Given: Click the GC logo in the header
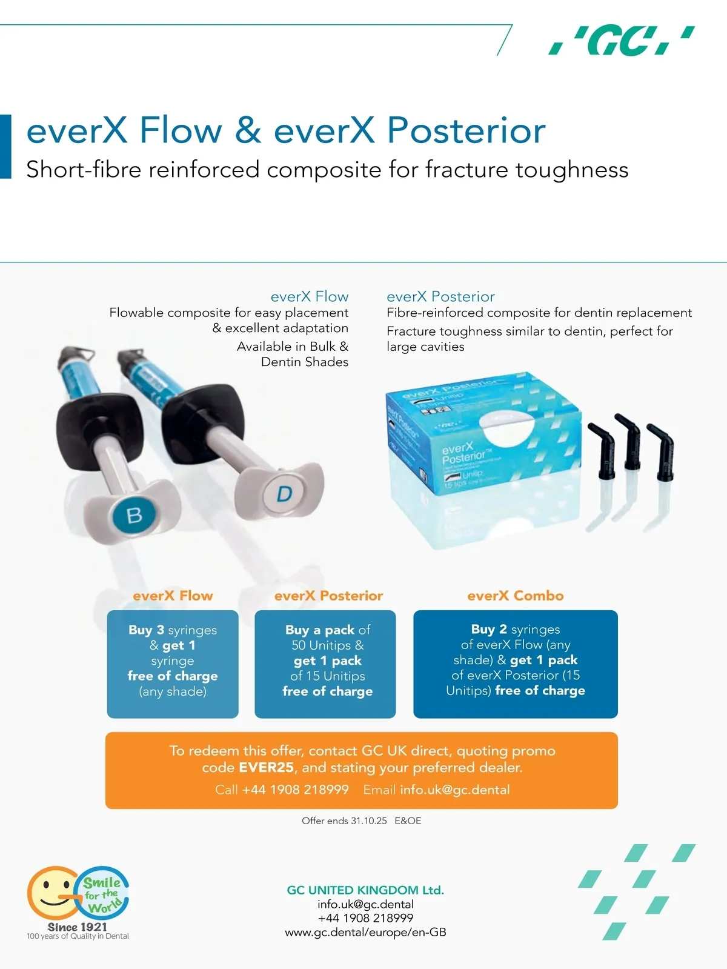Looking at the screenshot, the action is click(x=621, y=41).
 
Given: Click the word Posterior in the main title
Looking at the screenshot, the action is click(x=466, y=131).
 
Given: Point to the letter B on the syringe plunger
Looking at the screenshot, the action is click(x=134, y=514).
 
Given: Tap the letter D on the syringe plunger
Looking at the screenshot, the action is click(x=285, y=493).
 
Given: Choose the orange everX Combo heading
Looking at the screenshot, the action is click(x=515, y=596).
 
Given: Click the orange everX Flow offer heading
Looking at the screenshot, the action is click(x=173, y=596).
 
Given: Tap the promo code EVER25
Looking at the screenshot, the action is click(x=266, y=768).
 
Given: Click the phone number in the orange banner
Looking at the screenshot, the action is click(x=296, y=790).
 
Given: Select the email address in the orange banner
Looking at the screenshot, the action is click(x=455, y=790).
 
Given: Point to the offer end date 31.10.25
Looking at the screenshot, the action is click(x=369, y=821).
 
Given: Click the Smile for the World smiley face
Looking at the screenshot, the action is click(x=54, y=893).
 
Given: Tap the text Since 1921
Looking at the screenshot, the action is click(x=77, y=927).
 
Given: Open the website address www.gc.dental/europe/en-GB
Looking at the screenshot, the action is click(x=366, y=933).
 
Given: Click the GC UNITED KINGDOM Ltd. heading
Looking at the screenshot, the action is click(x=365, y=890).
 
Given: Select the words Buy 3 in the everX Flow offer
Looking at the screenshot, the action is click(x=147, y=630).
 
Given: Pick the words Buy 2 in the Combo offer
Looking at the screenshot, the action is click(x=489, y=629).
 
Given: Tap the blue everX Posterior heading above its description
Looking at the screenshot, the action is click(x=440, y=297).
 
